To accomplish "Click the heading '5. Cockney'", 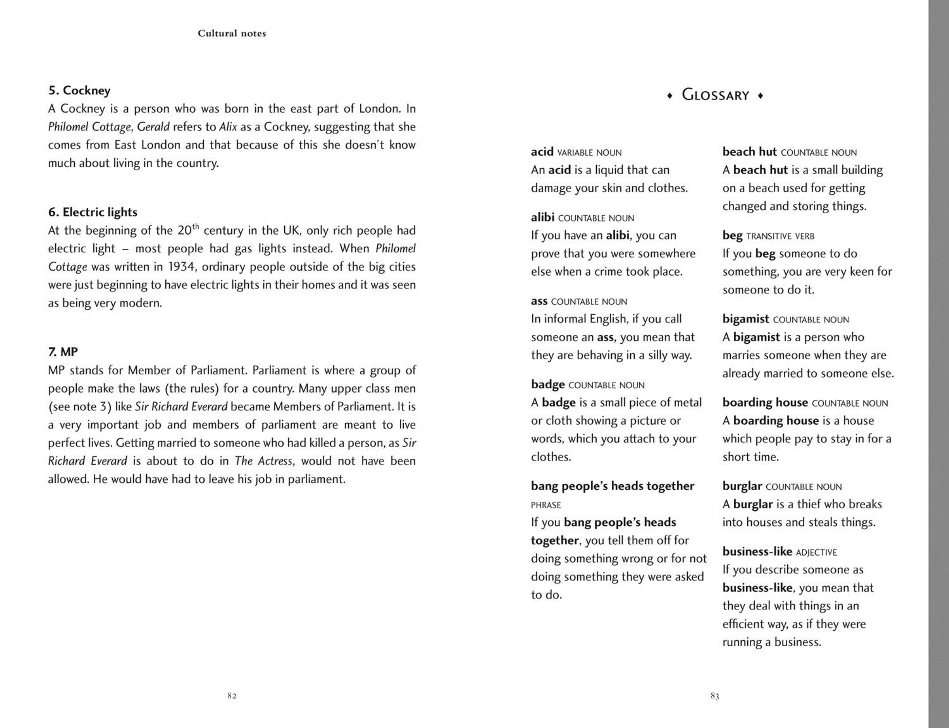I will pos(79,90).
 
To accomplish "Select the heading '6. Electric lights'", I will pos(93,213).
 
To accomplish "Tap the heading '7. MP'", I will pos(63,352).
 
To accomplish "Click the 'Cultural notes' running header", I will pos(232,33).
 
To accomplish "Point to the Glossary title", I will pos(715,95).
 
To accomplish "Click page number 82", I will pos(232,696).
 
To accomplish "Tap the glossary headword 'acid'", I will pos(542,152).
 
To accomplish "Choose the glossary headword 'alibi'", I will pos(543,217).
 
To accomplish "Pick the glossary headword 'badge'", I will pos(548,384).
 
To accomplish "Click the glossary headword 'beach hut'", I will pos(749,152).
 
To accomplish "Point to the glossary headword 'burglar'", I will pos(742,486).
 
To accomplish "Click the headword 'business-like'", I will pos(757,552).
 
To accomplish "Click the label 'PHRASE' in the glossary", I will pos(546,505).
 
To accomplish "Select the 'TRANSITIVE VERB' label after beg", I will pos(780,237).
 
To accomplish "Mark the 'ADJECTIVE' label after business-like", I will pos(816,553).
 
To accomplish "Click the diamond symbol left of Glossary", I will pos(670,96).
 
